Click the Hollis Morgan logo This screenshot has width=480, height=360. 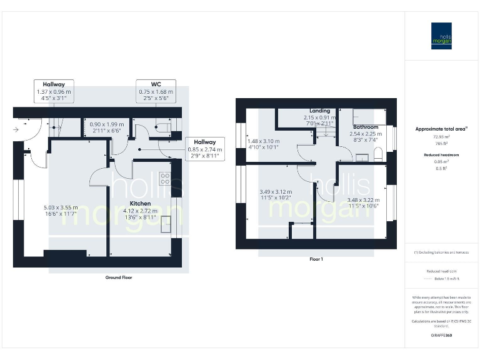point(441,36)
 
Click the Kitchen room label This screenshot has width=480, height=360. point(140,204)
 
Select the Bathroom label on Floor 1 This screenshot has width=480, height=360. point(364,127)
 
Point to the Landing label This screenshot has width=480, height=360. point(319,111)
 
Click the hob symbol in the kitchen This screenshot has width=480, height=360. point(165,178)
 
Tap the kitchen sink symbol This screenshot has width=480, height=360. point(166,224)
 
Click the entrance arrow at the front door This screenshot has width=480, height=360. point(16,130)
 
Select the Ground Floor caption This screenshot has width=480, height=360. point(119,277)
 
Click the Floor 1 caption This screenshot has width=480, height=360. point(316,259)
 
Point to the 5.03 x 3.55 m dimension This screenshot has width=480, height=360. point(61,207)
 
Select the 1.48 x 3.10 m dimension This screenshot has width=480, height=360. point(263,141)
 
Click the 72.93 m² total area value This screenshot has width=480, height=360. point(441,136)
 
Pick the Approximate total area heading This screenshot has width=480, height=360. point(441,129)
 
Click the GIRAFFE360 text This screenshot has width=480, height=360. point(441,336)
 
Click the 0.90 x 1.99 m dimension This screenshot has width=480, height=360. point(107,124)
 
